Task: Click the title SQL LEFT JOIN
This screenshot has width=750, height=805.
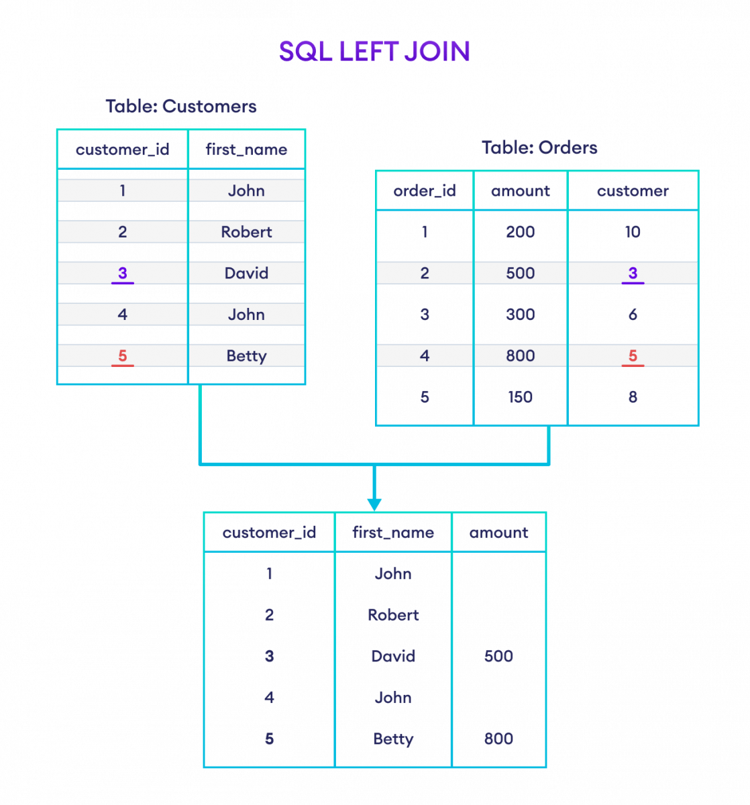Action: [374, 52]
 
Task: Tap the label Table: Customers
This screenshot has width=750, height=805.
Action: [181, 107]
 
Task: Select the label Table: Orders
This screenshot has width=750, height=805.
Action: [539, 148]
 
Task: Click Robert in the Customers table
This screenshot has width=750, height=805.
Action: [247, 232]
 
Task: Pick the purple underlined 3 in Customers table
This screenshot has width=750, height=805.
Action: [122, 274]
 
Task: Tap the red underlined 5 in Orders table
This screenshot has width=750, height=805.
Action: [633, 356]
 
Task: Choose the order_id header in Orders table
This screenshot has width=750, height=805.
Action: [425, 191]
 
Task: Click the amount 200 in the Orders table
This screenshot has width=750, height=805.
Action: [521, 232]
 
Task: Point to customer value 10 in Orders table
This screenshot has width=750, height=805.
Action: [633, 232]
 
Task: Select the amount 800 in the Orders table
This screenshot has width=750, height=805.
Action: [521, 356]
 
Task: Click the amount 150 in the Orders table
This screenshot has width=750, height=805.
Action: [521, 397]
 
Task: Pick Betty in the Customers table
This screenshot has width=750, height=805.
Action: [247, 356]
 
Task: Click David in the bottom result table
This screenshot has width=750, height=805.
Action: [393, 657]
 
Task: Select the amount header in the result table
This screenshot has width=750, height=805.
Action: [499, 533]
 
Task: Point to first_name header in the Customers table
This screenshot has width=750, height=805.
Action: [247, 150]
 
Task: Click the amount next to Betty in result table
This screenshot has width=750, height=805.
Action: [499, 739]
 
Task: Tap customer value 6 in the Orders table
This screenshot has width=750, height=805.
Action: [633, 315]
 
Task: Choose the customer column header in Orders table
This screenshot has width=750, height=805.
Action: [633, 191]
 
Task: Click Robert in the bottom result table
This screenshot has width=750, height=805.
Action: [393, 615]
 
